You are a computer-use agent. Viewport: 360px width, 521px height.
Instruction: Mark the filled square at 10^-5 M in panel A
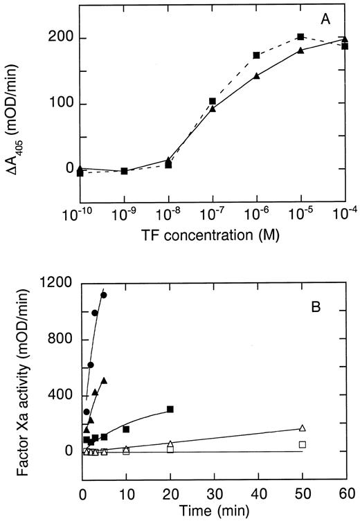click(x=300, y=37)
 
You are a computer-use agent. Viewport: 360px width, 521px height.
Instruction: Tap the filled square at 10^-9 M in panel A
click(x=124, y=170)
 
